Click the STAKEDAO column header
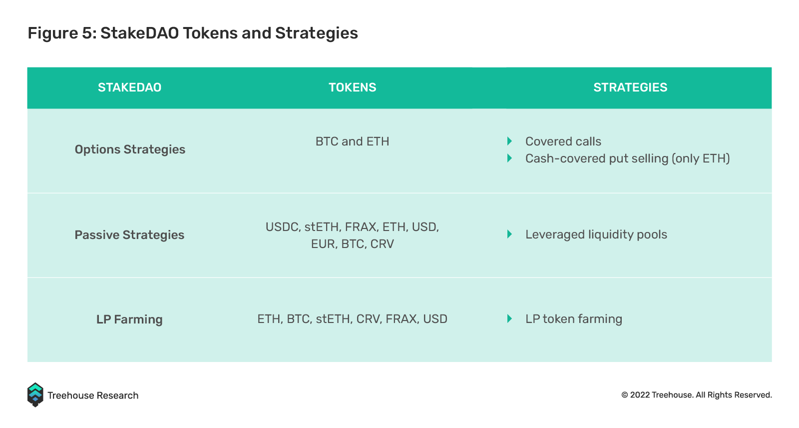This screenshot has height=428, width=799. tap(129, 87)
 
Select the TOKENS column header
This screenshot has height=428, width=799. tap(353, 87)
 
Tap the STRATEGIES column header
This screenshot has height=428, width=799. tap(630, 87)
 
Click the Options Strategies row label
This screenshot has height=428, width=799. tap(130, 149)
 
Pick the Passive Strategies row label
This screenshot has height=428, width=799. tap(129, 234)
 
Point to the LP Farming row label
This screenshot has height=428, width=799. tap(129, 319)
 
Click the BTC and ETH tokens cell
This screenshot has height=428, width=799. tap(353, 141)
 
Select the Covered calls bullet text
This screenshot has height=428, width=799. tap(563, 141)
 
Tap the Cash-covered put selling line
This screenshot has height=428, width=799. tap(627, 158)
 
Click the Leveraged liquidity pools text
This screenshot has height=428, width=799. tap(596, 234)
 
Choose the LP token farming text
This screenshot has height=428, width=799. tap(574, 319)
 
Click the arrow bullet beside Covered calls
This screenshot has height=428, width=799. tap(510, 141)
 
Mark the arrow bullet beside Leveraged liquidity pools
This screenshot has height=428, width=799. tap(510, 234)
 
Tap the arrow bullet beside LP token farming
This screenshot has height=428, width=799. tap(510, 318)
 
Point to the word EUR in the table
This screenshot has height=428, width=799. tap(323, 244)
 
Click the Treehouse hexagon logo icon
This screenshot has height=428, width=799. tap(35, 395)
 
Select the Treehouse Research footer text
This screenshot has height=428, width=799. tap(93, 395)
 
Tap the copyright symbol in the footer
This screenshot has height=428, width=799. tap(625, 395)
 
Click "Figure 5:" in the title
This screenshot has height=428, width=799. tap(62, 33)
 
